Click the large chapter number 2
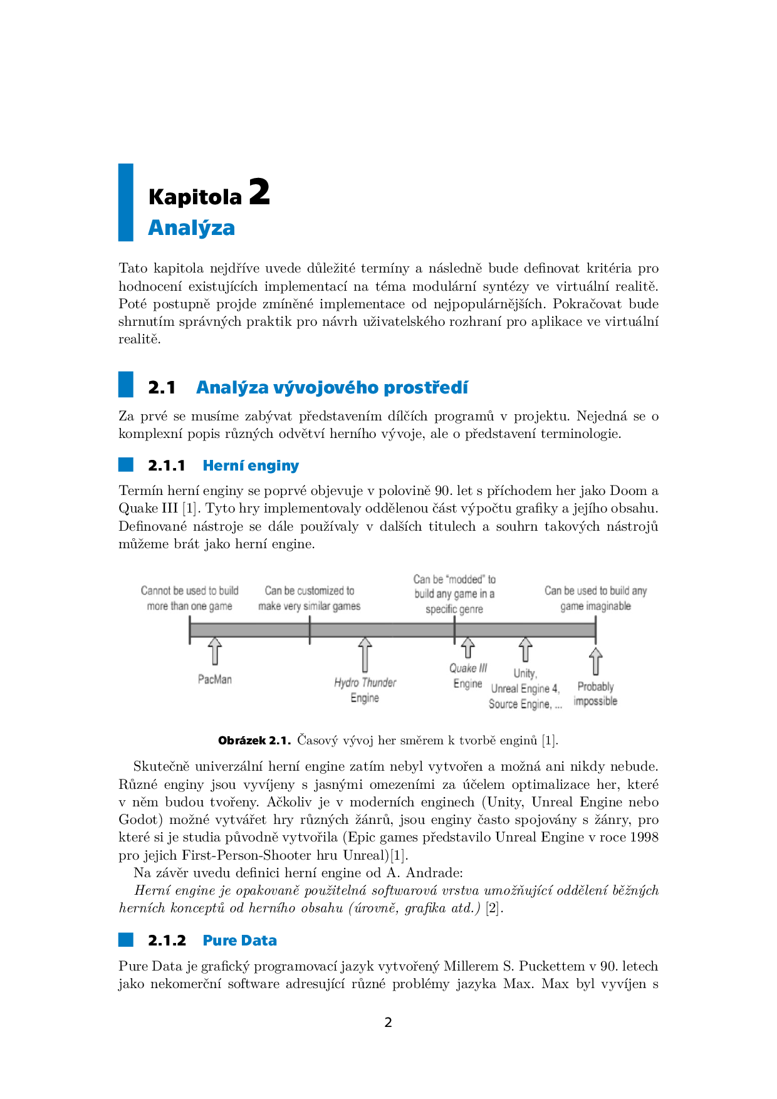click(x=259, y=192)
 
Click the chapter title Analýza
click(x=191, y=228)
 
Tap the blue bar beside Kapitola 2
click(x=126, y=202)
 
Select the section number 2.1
click(x=162, y=388)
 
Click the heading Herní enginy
click(x=251, y=466)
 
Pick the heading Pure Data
click(x=239, y=940)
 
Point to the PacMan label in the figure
click(x=215, y=679)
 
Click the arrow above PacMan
click(x=215, y=651)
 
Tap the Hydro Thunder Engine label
click(x=365, y=690)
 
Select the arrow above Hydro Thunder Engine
click(x=365, y=654)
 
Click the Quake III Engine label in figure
click(x=468, y=676)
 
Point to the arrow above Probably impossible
click(x=596, y=662)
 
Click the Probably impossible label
click(x=595, y=694)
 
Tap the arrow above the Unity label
click(x=526, y=650)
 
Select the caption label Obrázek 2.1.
click(x=254, y=741)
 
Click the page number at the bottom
click(x=388, y=1023)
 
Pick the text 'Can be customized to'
click(x=310, y=591)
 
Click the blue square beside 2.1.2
click(x=126, y=939)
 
